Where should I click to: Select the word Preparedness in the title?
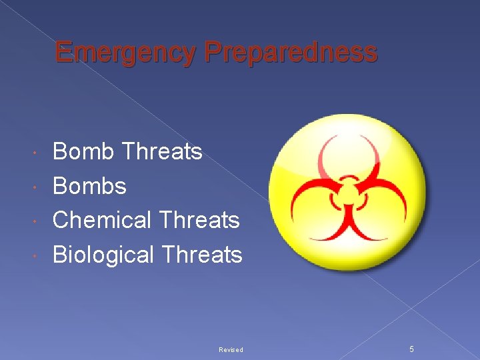click(x=291, y=52)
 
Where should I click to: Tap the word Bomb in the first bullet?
click(x=83, y=151)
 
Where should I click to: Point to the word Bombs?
click(x=89, y=186)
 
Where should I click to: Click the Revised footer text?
click(x=231, y=350)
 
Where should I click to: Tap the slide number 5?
click(x=411, y=349)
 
